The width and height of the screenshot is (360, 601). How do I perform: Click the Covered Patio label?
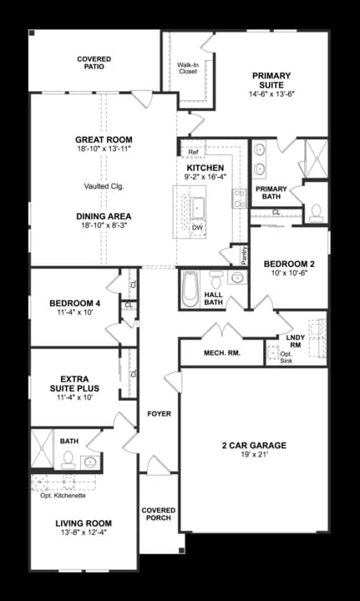(x=94, y=63)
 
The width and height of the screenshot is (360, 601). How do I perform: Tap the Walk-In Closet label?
(x=187, y=68)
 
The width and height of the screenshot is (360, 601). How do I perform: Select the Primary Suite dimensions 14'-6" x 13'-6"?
(x=271, y=94)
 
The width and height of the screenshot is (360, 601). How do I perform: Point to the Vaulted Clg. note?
(x=104, y=185)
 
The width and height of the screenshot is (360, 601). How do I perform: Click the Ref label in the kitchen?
(x=193, y=152)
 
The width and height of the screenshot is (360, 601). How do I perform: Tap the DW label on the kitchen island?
(x=197, y=227)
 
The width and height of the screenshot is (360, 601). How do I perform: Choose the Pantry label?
(x=244, y=255)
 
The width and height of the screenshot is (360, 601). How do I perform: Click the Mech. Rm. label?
(x=221, y=353)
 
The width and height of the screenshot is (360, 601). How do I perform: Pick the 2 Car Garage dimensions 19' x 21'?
(x=254, y=457)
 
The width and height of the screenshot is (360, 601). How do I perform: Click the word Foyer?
(x=159, y=414)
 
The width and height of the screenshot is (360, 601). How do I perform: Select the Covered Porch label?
(x=158, y=514)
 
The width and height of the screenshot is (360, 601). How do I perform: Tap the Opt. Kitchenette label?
(x=63, y=496)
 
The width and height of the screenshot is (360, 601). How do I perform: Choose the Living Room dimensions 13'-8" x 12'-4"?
(x=83, y=532)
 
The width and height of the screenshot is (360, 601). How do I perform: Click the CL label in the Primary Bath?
(x=276, y=212)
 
